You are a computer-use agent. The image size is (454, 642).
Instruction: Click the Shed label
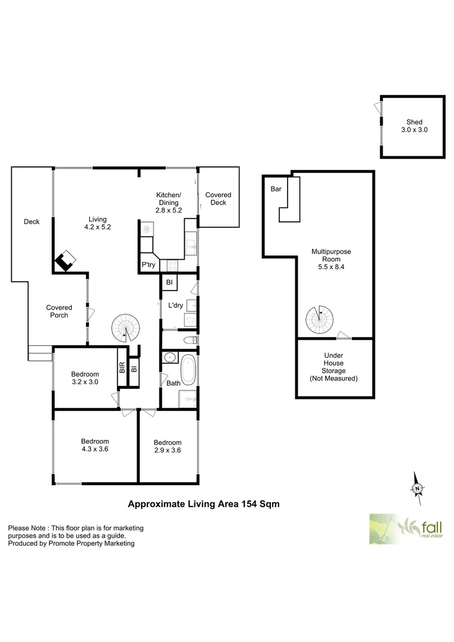click(x=414, y=122)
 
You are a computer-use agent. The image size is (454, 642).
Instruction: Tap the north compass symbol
click(x=417, y=487)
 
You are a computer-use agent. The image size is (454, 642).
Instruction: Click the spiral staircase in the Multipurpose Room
click(x=320, y=320)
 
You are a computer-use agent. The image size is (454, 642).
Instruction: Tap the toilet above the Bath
click(x=189, y=341)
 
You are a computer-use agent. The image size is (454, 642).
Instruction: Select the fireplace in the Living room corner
click(x=64, y=260)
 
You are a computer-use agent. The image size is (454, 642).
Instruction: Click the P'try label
click(x=148, y=265)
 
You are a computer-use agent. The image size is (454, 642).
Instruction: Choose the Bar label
click(x=276, y=189)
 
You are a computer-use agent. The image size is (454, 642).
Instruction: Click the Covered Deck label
click(x=218, y=199)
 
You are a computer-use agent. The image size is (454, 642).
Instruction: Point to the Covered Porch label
click(x=59, y=311)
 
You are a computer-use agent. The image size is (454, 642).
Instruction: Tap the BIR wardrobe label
click(x=122, y=368)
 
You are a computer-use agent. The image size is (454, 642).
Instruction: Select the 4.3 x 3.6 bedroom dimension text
click(x=95, y=449)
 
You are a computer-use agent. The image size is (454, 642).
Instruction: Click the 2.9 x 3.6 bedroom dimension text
click(x=168, y=451)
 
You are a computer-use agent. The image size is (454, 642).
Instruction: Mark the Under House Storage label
click(x=334, y=366)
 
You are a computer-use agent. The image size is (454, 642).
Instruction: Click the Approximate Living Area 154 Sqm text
click(x=204, y=503)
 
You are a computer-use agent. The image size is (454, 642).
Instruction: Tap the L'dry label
click(x=175, y=306)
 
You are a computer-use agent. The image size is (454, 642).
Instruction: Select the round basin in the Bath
click(x=169, y=358)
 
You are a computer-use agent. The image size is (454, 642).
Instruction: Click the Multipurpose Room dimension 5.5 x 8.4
click(x=331, y=267)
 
